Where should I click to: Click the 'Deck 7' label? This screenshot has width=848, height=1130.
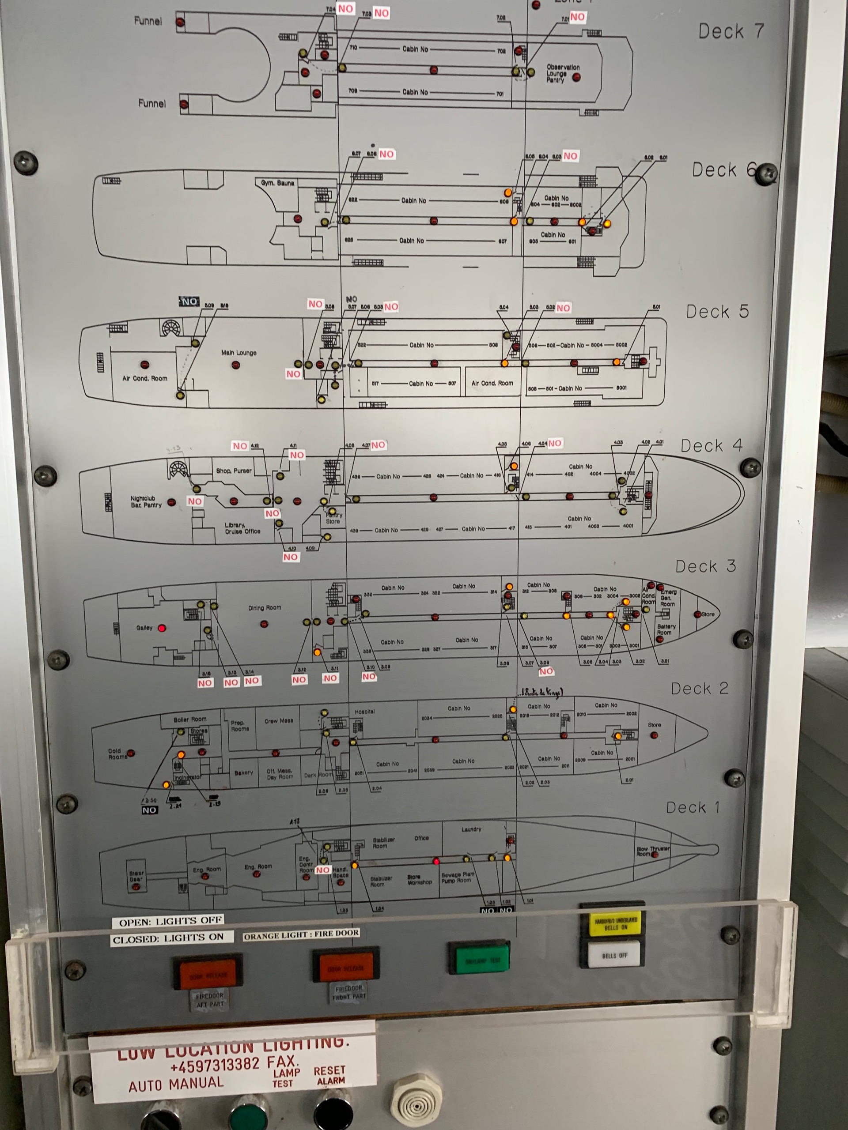pyautogui.click(x=731, y=32)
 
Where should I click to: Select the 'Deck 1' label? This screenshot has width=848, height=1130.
pyautogui.click(x=693, y=808)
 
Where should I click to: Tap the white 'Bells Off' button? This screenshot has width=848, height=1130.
pyautogui.click(x=614, y=956)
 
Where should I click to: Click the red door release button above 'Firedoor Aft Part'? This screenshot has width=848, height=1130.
pyautogui.click(x=208, y=975)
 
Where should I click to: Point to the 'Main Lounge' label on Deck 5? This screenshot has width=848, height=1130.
pyautogui.click(x=238, y=353)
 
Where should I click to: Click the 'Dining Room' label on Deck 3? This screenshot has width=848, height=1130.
pyautogui.click(x=265, y=608)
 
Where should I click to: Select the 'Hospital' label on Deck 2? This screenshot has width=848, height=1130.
pyautogui.click(x=364, y=712)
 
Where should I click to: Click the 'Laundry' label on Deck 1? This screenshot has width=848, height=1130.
pyautogui.click(x=471, y=829)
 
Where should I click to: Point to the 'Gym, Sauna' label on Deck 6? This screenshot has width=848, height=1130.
pyautogui.click(x=277, y=183)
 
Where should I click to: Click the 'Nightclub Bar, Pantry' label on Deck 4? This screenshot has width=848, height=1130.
pyautogui.click(x=146, y=501)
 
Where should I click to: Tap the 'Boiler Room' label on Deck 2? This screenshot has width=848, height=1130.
pyautogui.click(x=189, y=719)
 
